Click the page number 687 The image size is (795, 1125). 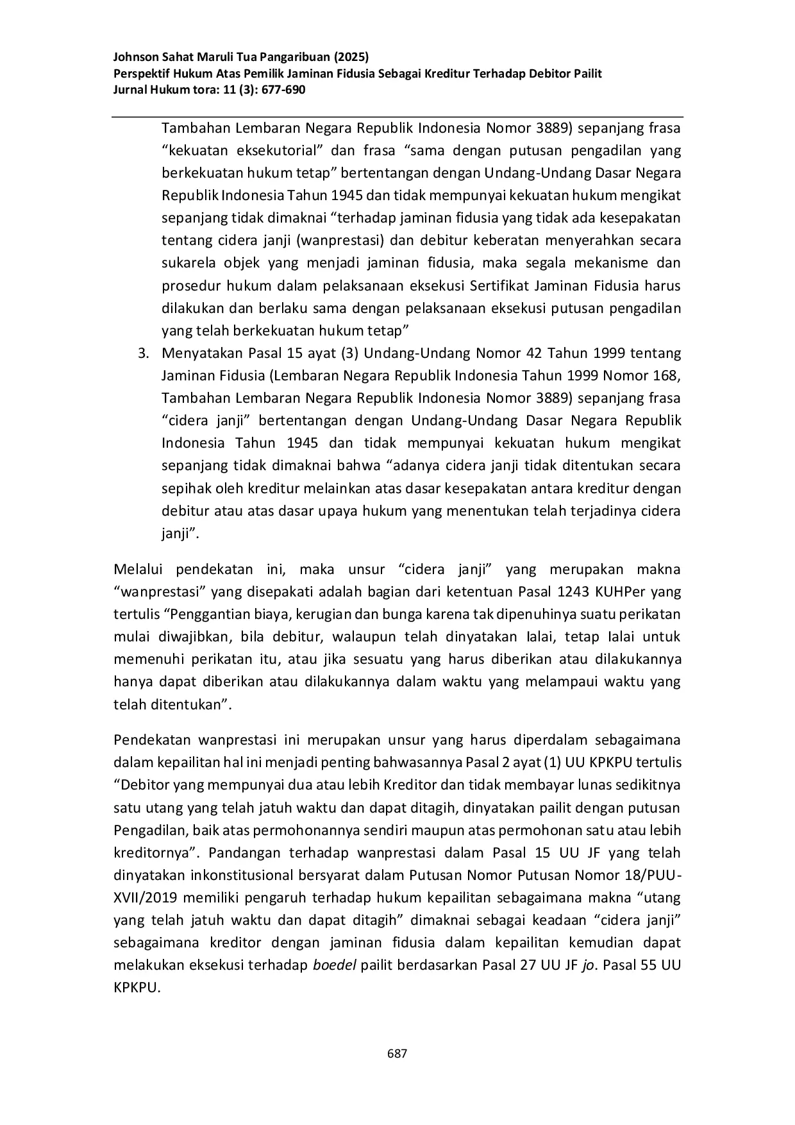pos(397,1053)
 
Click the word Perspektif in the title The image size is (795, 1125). pos(139,73)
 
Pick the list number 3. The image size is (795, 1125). pos(144,353)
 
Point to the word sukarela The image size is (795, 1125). pos(185,263)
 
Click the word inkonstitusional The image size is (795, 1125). pos(233,875)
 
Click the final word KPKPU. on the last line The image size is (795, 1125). pos(137,988)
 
